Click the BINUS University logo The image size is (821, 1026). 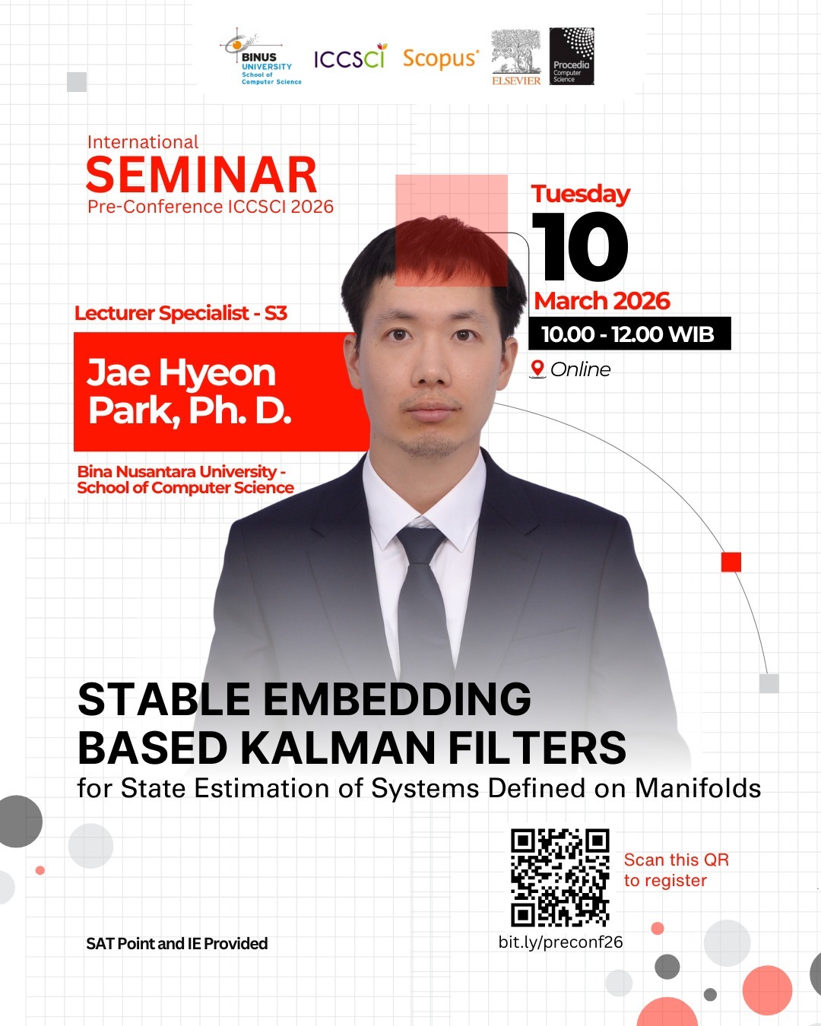point(261,57)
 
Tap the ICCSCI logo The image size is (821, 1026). point(350,56)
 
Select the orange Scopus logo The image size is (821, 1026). point(441,59)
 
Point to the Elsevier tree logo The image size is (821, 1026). point(516,57)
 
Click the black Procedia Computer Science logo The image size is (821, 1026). point(572,56)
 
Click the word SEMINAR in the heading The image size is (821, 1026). point(201,175)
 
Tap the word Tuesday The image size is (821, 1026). point(581,194)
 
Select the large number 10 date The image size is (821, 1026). point(579,246)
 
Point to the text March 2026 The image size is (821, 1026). point(601,301)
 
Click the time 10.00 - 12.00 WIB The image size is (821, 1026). point(628,334)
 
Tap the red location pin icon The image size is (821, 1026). point(537,369)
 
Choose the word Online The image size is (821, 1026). point(581,369)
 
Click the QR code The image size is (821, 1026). point(560,878)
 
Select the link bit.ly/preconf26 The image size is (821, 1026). point(560,942)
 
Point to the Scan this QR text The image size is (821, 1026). point(677,860)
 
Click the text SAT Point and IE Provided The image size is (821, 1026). point(177,943)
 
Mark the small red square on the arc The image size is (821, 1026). point(731,562)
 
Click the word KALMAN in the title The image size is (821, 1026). point(338,748)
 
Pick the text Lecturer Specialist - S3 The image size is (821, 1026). point(181,313)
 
